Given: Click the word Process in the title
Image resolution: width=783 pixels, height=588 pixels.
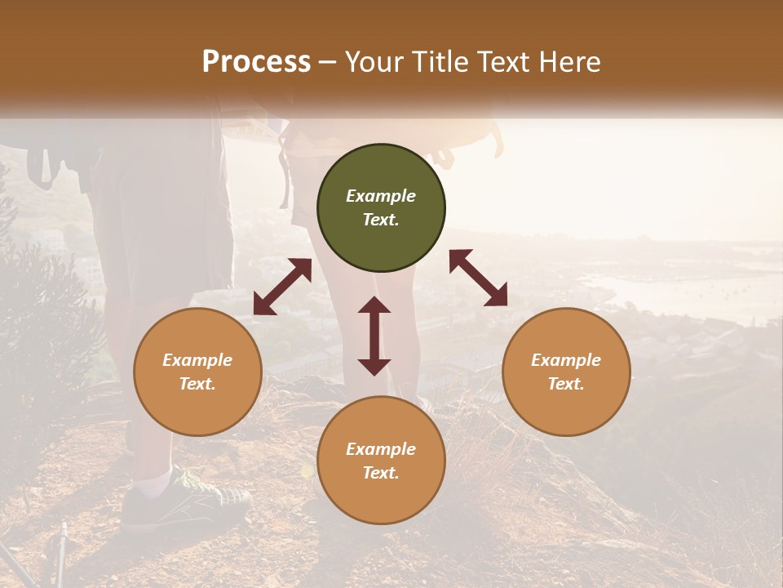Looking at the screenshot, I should [256, 62].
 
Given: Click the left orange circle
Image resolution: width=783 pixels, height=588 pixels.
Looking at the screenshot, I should [197, 372].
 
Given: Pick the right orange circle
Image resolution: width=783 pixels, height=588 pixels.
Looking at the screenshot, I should [566, 372].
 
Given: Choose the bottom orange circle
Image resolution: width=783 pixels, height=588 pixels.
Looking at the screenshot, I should [381, 461].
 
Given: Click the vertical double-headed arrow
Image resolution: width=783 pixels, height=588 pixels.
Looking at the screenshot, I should [374, 336].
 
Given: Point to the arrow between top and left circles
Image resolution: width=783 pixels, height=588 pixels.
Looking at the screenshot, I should [282, 287].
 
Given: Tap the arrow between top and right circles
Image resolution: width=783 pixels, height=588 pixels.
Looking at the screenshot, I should [478, 278].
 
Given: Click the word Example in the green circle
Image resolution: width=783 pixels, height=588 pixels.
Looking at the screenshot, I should [381, 196].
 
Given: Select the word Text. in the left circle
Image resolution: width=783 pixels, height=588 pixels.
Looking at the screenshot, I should [197, 384].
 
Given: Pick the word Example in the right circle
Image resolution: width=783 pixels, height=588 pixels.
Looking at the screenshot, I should [566, 360].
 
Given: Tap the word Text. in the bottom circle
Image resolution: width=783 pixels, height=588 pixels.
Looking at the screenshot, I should [381, 473].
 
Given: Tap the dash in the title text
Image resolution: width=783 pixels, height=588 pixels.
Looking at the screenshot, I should [328, 62].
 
